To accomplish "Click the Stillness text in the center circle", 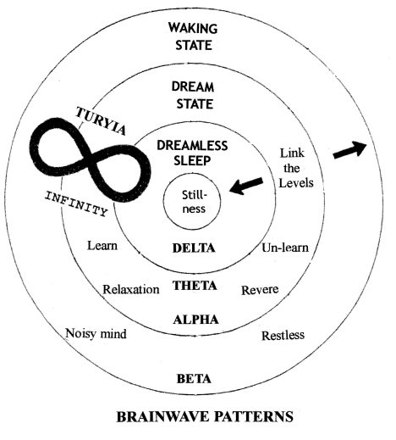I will point(195,203).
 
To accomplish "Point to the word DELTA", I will point(195,248).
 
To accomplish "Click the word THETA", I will point(195,286).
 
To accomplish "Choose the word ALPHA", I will point(195,320).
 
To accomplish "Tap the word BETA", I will point(195,378).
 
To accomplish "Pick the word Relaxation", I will point(131,289).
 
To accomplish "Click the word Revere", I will point(260,289).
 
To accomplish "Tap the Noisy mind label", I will point(96,334).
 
